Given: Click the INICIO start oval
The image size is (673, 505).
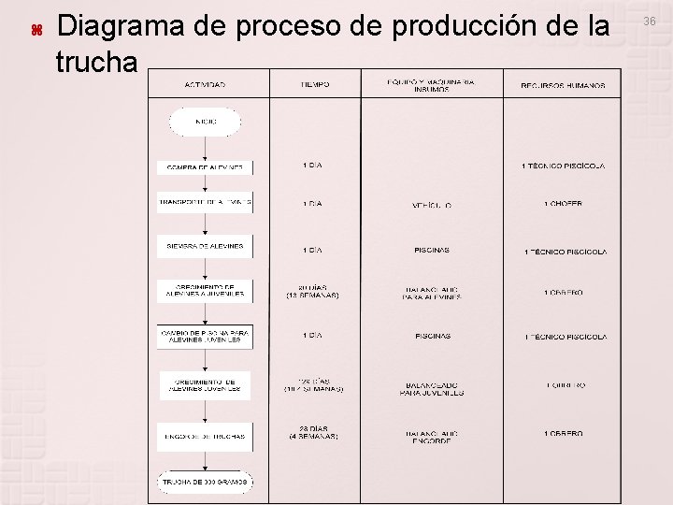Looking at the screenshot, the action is [x=206, y=122].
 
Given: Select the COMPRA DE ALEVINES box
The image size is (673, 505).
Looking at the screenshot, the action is [x=205, y=167].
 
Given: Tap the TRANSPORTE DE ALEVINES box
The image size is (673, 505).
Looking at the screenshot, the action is [x=205, y=202].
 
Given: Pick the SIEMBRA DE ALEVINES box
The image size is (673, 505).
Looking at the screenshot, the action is [x=205, y=247].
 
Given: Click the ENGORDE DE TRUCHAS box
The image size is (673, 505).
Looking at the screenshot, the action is [x=205, y=436].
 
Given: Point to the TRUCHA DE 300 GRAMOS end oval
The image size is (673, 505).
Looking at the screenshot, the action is [x=205, y=482].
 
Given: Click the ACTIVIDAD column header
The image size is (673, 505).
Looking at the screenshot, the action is [x=205, y=85].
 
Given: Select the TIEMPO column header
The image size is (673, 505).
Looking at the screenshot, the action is [x=315, y=85].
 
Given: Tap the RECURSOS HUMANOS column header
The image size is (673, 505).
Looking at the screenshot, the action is [x=562, y=85].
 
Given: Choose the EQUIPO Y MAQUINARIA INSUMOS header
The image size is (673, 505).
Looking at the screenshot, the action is [x=431, y=85].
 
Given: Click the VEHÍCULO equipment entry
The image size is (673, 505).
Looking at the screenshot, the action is [x=431, y=204].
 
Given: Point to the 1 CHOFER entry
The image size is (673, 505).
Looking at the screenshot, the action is [x=563, y=204].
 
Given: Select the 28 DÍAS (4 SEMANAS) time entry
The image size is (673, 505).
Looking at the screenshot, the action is [x=312, y=432].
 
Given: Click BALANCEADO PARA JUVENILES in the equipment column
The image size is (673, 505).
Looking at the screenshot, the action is [x=431, y=388].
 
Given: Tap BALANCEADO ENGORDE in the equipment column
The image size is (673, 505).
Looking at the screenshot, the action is [x=431, y=437].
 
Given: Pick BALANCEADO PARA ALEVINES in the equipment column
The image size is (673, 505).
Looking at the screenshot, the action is [x=431, y=294].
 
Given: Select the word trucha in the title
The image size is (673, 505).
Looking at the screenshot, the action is [x=96, y=63].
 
